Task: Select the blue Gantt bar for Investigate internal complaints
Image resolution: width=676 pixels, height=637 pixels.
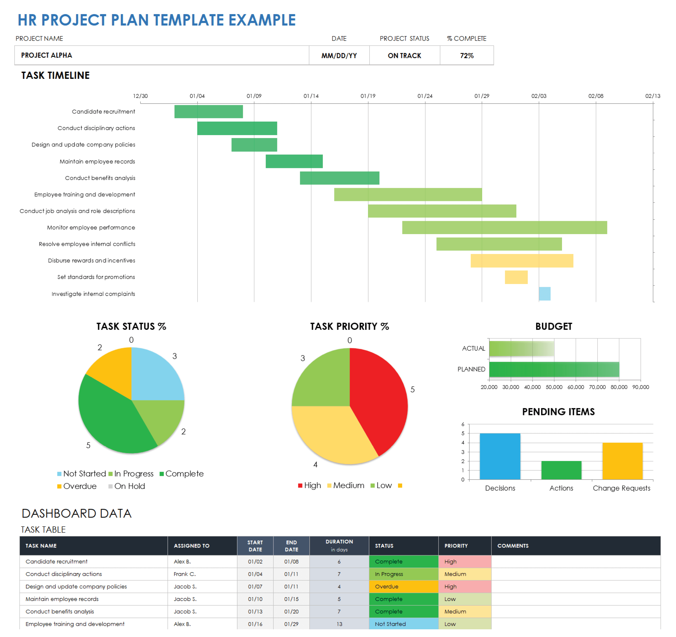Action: pyautogui.click(x=545, y=294)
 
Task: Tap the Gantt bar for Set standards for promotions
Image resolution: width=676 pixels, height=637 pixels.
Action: pyautogui.click(x=516, y=277)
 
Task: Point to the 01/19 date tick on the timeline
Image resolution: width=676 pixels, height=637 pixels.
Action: pyautogui.click(x=368, y=96)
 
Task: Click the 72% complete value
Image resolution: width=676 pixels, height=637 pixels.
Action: pyautogui.click(x=467, y=55)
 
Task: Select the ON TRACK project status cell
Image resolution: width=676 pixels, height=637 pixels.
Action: pyautogui.click(x=404, y=55)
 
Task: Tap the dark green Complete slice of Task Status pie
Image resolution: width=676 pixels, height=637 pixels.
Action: pyautogui.click(x=109, y=419)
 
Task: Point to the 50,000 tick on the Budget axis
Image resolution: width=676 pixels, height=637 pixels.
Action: pyautogui.click(x=554, y=387)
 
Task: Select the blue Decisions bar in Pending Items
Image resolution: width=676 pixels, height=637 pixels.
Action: pyautogui.click(x=500, y=456)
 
